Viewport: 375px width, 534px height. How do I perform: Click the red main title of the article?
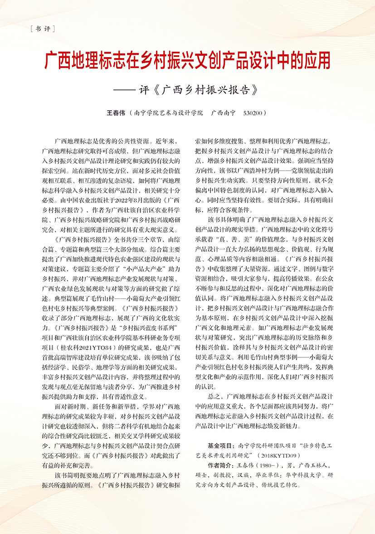(187, 60)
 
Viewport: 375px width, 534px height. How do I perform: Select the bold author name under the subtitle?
(115, 112)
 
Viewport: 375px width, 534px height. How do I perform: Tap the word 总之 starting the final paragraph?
(214, 396)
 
